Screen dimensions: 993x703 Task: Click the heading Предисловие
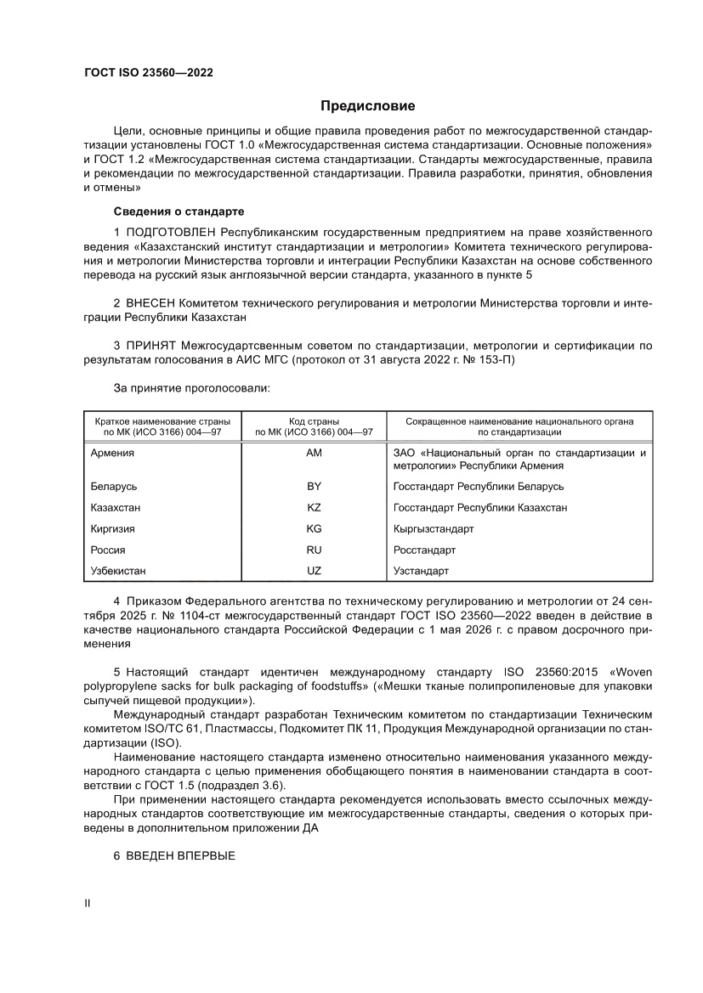pos(367,106)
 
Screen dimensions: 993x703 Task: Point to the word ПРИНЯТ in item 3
pos(151,346)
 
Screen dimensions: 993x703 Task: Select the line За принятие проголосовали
pos(191,388)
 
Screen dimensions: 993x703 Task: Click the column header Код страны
pos(314,420)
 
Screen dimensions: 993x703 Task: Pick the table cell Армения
pos(112,453)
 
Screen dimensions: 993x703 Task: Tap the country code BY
pos(314,487)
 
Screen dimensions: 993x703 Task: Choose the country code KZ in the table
pos(314,507)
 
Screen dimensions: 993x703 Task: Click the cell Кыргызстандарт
pos(434,528)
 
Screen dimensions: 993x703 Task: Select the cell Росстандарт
pos(424,550)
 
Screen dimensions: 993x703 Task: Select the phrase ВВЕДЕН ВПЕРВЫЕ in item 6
pos(180,857)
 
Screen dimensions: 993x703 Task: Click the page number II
pos(87,904)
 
